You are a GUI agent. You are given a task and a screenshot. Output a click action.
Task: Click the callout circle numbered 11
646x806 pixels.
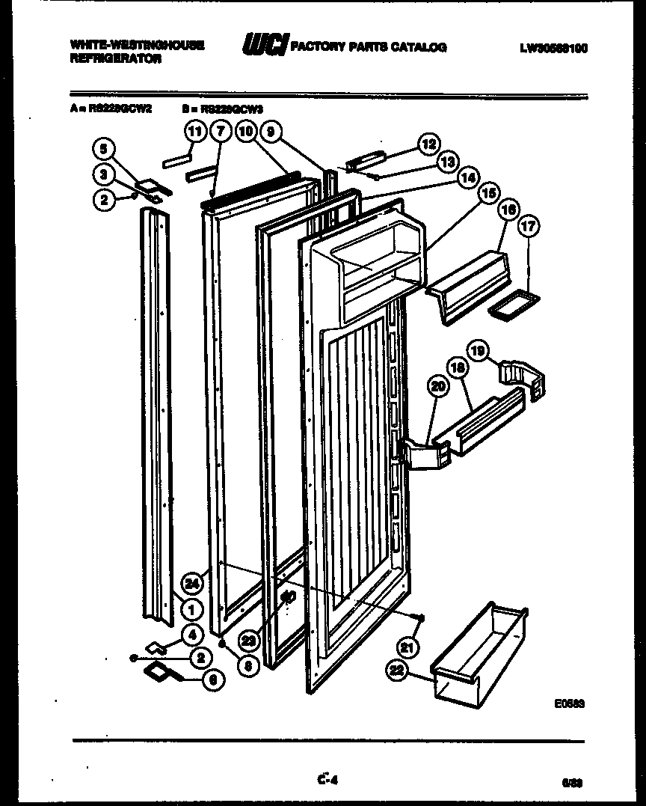[194, 132]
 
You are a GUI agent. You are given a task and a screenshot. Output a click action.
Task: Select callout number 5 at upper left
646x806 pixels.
[105, 148]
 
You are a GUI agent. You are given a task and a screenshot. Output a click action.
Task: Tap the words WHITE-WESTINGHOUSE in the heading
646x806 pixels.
[138, 45]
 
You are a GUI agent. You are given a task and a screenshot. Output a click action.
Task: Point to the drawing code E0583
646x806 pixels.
[569, 703]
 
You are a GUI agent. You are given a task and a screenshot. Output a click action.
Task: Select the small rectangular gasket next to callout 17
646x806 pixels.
[513, 305]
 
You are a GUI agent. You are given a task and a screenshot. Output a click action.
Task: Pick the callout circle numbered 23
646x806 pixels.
[249, 641]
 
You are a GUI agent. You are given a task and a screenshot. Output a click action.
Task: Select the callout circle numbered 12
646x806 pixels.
[428, 144]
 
